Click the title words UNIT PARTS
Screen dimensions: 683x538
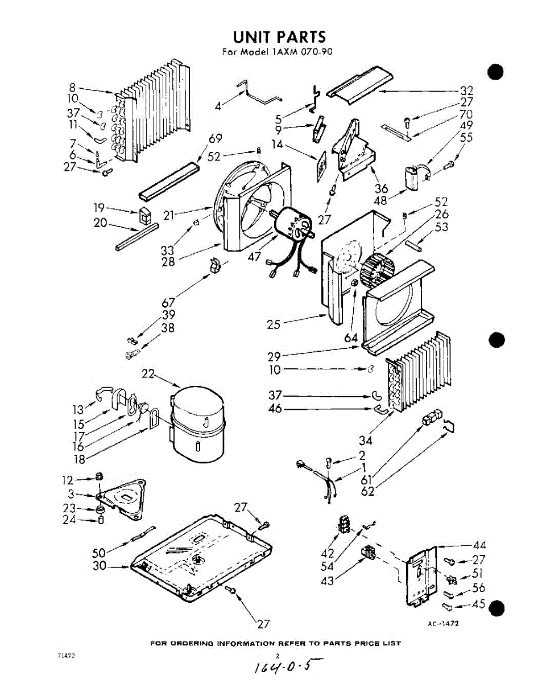pos(279,37)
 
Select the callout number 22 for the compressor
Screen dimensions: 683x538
pos(148,374)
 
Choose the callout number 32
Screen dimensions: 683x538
pos(466,90)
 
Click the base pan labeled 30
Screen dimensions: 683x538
pos(199,558)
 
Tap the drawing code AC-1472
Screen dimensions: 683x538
pos(443,623)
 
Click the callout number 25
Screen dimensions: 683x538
pos(274,325)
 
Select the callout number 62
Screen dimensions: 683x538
pos(368,491)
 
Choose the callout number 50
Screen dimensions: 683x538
pos(99,552)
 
